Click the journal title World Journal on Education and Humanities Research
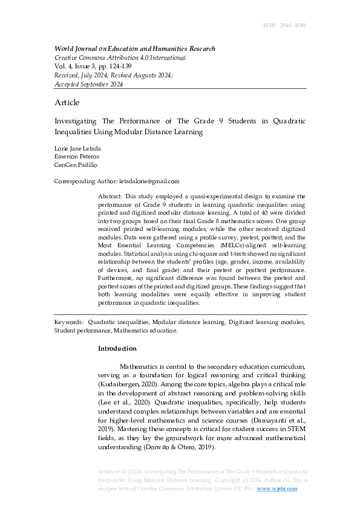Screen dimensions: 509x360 (x=134, y=49)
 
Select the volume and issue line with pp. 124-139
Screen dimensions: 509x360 (x=93, y=66)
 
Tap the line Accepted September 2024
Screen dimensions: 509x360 (x=88, y=85)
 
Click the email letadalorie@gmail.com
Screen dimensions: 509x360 (x=149, y=181)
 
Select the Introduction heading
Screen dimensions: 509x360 (x=117, y=349)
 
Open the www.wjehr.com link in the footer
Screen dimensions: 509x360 (x=278, y=488)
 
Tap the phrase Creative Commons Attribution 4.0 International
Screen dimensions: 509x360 (x=120, y=58)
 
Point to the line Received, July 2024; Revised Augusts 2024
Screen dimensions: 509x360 (x=114, y=76)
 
